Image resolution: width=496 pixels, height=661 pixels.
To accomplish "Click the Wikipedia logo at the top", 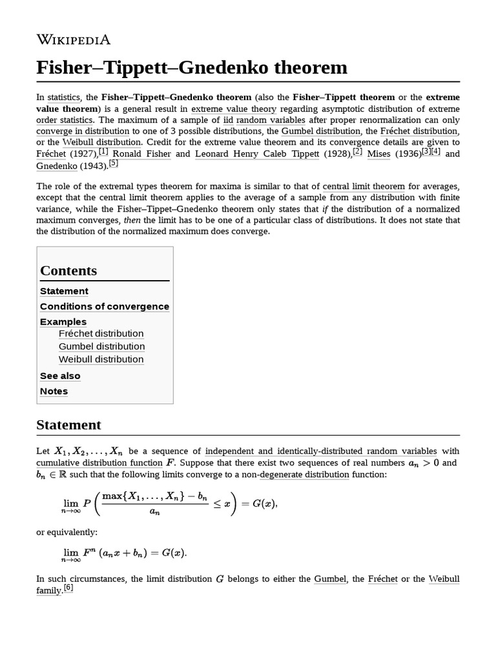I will coord(74,40).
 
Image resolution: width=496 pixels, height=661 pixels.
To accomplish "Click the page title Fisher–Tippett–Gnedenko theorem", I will coord(192,68).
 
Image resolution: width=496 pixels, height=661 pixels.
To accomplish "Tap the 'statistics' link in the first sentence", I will coord(64,97).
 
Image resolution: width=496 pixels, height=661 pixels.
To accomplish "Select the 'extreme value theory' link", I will coord(234,109).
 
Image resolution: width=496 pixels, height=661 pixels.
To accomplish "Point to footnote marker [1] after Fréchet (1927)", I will coord(103,152).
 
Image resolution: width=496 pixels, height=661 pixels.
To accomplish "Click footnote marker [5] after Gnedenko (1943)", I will coord(113,163).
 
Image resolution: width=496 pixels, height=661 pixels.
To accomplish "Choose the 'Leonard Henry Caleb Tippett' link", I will coord(266,154).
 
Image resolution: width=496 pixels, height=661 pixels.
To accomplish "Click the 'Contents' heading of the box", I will coord(68,270).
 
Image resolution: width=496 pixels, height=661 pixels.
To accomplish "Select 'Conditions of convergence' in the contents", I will coord(105,307).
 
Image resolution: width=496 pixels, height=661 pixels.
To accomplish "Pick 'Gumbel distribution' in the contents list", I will coord(101,347).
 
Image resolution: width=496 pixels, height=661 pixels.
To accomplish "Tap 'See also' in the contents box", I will coord(60,376).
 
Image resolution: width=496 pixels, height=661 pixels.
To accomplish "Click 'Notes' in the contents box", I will coord(54,391).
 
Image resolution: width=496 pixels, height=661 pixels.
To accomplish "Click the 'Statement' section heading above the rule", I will coord(68,425).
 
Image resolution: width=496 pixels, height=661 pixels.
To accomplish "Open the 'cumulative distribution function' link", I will coord(99,463).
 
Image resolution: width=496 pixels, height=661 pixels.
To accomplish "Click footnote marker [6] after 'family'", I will coord(68,588).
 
